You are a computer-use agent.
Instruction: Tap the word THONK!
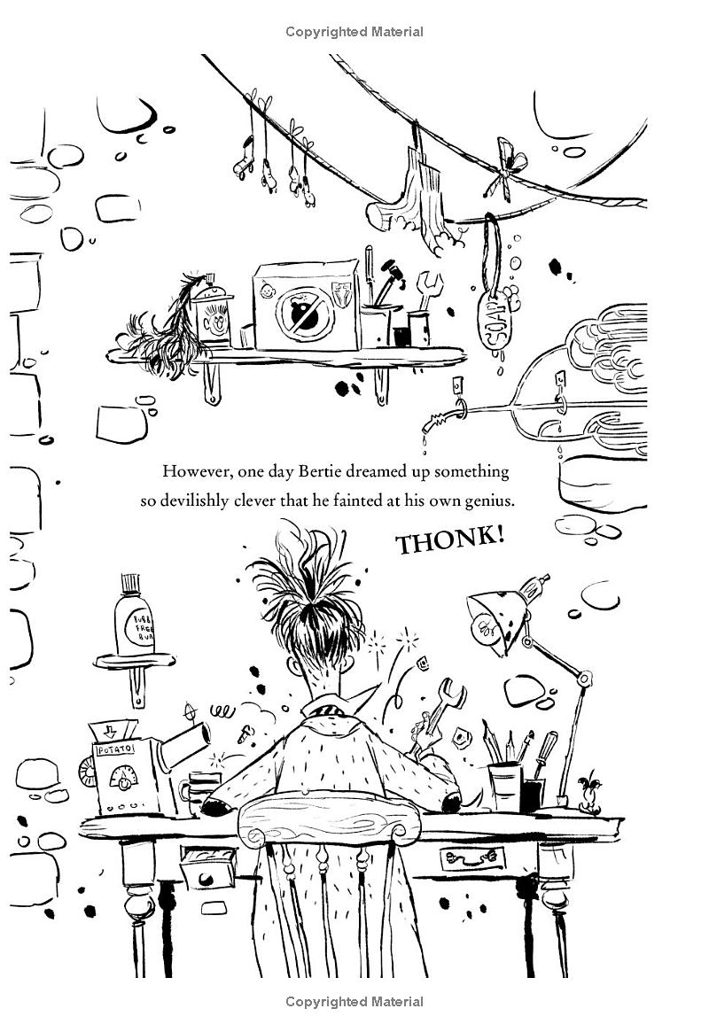pyautogui.click(x=449, y=540)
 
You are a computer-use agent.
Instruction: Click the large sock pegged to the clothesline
pyautogui.click(x=424, y=199)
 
